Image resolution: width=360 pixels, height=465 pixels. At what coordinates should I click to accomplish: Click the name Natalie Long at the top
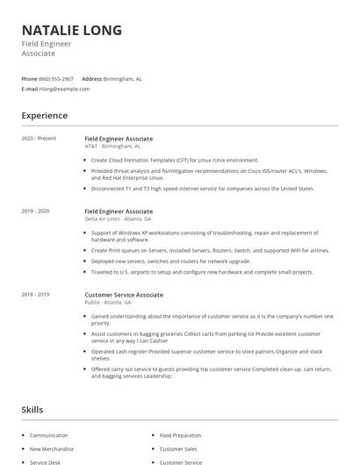(x=71, y=31)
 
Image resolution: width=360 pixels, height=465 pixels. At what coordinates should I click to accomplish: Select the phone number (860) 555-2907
(x=57, y=78)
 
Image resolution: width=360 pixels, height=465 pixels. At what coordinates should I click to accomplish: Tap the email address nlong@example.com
(x=65, y=89)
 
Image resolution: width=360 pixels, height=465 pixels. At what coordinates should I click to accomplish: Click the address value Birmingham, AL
(x=122, y=78)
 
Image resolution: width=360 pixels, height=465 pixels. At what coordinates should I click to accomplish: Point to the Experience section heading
(x=44, y=115)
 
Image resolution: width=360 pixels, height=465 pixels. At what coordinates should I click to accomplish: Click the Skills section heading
(x=32, y=410)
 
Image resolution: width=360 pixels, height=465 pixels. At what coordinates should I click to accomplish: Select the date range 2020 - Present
(x=39, y=139)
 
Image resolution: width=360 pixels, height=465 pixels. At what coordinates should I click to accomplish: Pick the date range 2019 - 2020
(x=35, y=211)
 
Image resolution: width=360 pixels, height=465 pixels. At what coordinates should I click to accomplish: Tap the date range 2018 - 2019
(x=35, y=295)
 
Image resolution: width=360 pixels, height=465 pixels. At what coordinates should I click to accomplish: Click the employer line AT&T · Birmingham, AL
(x=112, y=147)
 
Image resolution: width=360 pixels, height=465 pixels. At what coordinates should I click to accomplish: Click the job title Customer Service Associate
(x=124, y=295)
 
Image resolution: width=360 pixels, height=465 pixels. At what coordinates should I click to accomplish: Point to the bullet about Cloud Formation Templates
(x=175, y=161)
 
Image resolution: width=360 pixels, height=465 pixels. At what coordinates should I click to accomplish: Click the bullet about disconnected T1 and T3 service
(x=202, y=189)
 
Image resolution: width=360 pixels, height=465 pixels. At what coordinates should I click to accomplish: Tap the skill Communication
(x=49, y=435)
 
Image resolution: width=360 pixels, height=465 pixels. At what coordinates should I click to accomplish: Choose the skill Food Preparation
(x=181, y=435)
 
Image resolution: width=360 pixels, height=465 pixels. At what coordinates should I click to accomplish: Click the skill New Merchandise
(x=53, y=448)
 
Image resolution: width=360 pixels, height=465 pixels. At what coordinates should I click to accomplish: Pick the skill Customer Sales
(x=178, y=448)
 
